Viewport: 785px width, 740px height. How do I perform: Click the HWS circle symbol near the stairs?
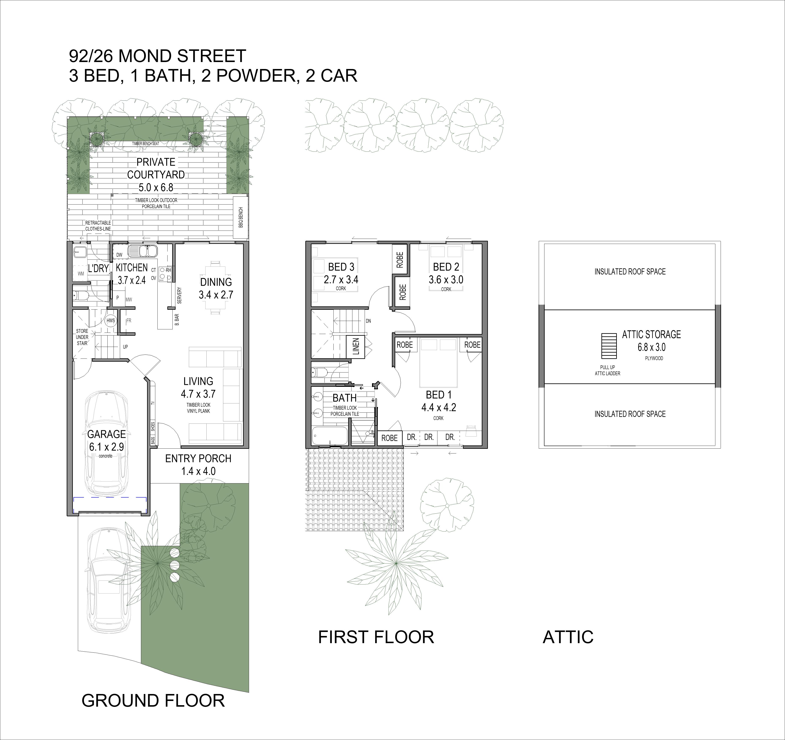[111, 321]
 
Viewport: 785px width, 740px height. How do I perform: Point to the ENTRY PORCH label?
[198, 459]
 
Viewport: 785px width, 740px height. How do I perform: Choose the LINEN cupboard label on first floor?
[356, 346]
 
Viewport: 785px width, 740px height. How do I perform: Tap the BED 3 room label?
[341, 267]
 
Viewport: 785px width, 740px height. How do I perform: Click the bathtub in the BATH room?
[330, 436]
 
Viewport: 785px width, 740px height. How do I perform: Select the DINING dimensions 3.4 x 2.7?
[216, 295]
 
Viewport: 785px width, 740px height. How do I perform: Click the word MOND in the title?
[145, 56]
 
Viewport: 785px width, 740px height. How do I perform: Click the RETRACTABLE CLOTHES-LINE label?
[98, 226]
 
